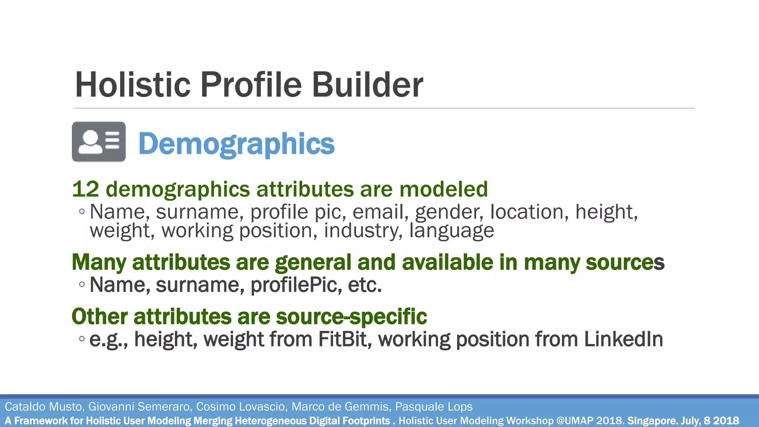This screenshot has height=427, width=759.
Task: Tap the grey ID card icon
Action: coord(99,142)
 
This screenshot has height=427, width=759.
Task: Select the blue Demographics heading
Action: coord(236,144)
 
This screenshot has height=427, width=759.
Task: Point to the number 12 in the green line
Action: coord(86,189)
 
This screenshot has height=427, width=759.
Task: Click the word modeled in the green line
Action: coord(443,189)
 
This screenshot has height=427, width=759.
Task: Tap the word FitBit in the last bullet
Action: coord(345,339)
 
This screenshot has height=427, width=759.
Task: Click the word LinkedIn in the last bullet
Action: coord(623,339)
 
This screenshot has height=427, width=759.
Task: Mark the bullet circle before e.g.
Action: coord(82,339)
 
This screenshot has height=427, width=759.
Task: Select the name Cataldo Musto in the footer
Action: coord(43,407)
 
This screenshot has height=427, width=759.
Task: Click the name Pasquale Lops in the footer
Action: coord(434,407)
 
